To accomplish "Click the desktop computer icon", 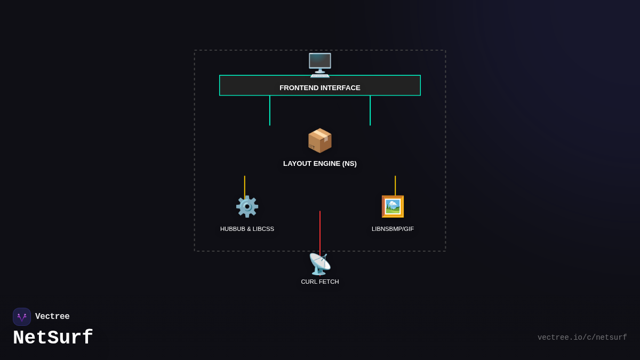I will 320,65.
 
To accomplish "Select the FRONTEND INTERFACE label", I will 319,88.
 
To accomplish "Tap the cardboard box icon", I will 319,141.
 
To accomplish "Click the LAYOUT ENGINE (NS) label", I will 320,164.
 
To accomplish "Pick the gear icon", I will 247,206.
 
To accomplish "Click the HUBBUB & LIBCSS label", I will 247,229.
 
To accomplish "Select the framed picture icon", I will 393,206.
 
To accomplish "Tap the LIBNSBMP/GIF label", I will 393,229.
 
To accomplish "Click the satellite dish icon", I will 320,264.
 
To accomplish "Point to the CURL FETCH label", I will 320,282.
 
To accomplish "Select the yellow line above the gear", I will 245,186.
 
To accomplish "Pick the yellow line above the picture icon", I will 395,185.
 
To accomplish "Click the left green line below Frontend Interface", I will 270,110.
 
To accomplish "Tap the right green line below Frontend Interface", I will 370,110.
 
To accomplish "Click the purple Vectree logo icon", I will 22,317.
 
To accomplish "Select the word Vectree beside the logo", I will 52,317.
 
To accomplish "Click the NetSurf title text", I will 53,338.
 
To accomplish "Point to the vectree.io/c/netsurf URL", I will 582,338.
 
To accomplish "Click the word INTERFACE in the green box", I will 340,88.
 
